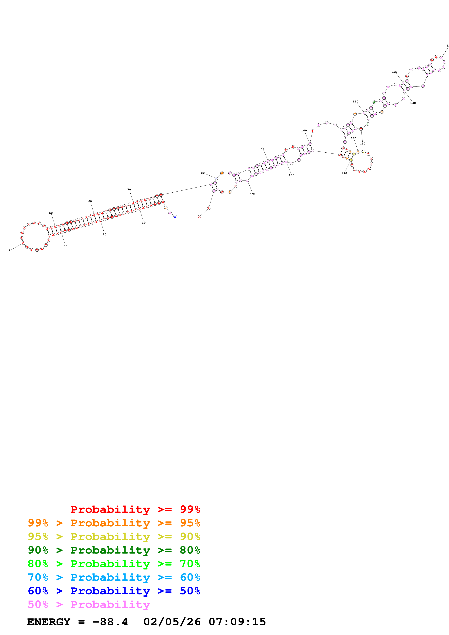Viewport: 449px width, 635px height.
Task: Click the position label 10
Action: click(144, 223)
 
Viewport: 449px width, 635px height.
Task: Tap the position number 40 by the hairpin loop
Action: click(11, 250)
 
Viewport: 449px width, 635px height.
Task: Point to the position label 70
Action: click(129, 190)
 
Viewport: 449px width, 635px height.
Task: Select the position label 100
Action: click(304, 131)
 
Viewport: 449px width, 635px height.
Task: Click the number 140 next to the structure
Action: click(413, 103)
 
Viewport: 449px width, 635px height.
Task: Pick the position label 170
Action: click(344, 173)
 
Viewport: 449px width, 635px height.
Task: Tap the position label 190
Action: click(253, 194)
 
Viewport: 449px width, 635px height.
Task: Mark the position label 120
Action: click(394, 72)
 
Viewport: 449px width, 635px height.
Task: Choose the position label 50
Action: click(51, 213)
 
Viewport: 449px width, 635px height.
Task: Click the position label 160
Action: click(354, 138)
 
